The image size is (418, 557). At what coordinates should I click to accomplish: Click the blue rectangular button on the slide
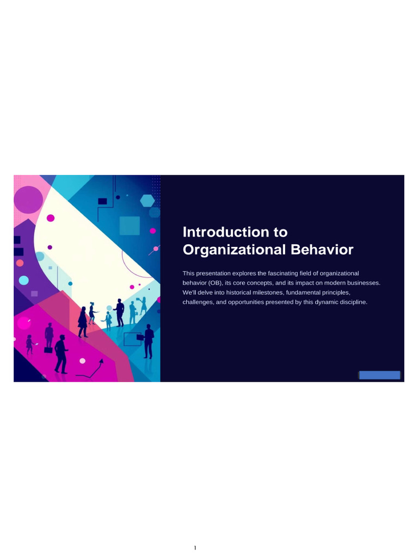coord(379,375)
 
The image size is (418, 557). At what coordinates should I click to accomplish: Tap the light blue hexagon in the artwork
coord(147,201)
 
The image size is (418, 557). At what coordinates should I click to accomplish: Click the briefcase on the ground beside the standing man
coord(48,350)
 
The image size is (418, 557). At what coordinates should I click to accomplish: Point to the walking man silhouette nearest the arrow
coord(61,354)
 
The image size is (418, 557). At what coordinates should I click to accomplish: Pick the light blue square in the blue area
coord(130,225)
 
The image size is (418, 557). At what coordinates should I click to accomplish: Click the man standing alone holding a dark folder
coord(148,341)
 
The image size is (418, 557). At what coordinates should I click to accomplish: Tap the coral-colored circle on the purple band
coord(20,263)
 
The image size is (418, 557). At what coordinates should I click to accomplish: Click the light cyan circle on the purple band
coord(23,280)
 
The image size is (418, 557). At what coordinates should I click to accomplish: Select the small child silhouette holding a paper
coord(29,344)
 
